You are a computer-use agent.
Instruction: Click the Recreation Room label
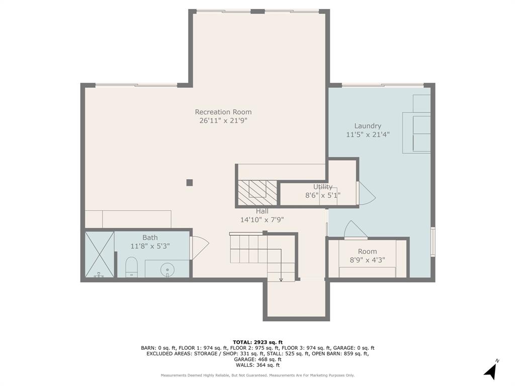click(223, 112)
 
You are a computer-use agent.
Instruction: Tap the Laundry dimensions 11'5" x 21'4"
click(368, 134)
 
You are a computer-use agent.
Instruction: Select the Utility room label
click(322, 187)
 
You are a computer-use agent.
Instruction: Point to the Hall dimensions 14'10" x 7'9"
click(262, 219)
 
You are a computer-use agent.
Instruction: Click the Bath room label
click(150, 238)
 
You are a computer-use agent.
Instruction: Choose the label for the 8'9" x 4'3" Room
click(367, 251)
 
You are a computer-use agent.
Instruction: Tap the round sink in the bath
click(167, 269)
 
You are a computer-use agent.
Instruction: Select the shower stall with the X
click(99, 254)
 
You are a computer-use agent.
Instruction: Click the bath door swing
click(199, 247)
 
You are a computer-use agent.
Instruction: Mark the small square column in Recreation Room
click(190, 182)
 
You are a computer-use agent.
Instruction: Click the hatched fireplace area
click(257, 192)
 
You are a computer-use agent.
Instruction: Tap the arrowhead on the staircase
click(281, 279)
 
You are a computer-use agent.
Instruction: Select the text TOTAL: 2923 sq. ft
click(257, 342)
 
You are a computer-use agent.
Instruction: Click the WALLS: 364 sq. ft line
click(257, 365)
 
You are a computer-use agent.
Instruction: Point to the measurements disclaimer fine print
click(257, 375)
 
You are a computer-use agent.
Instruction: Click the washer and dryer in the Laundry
click(417, 132)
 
